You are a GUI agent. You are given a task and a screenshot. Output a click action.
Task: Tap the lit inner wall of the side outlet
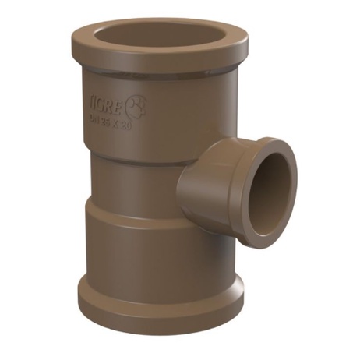284,187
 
